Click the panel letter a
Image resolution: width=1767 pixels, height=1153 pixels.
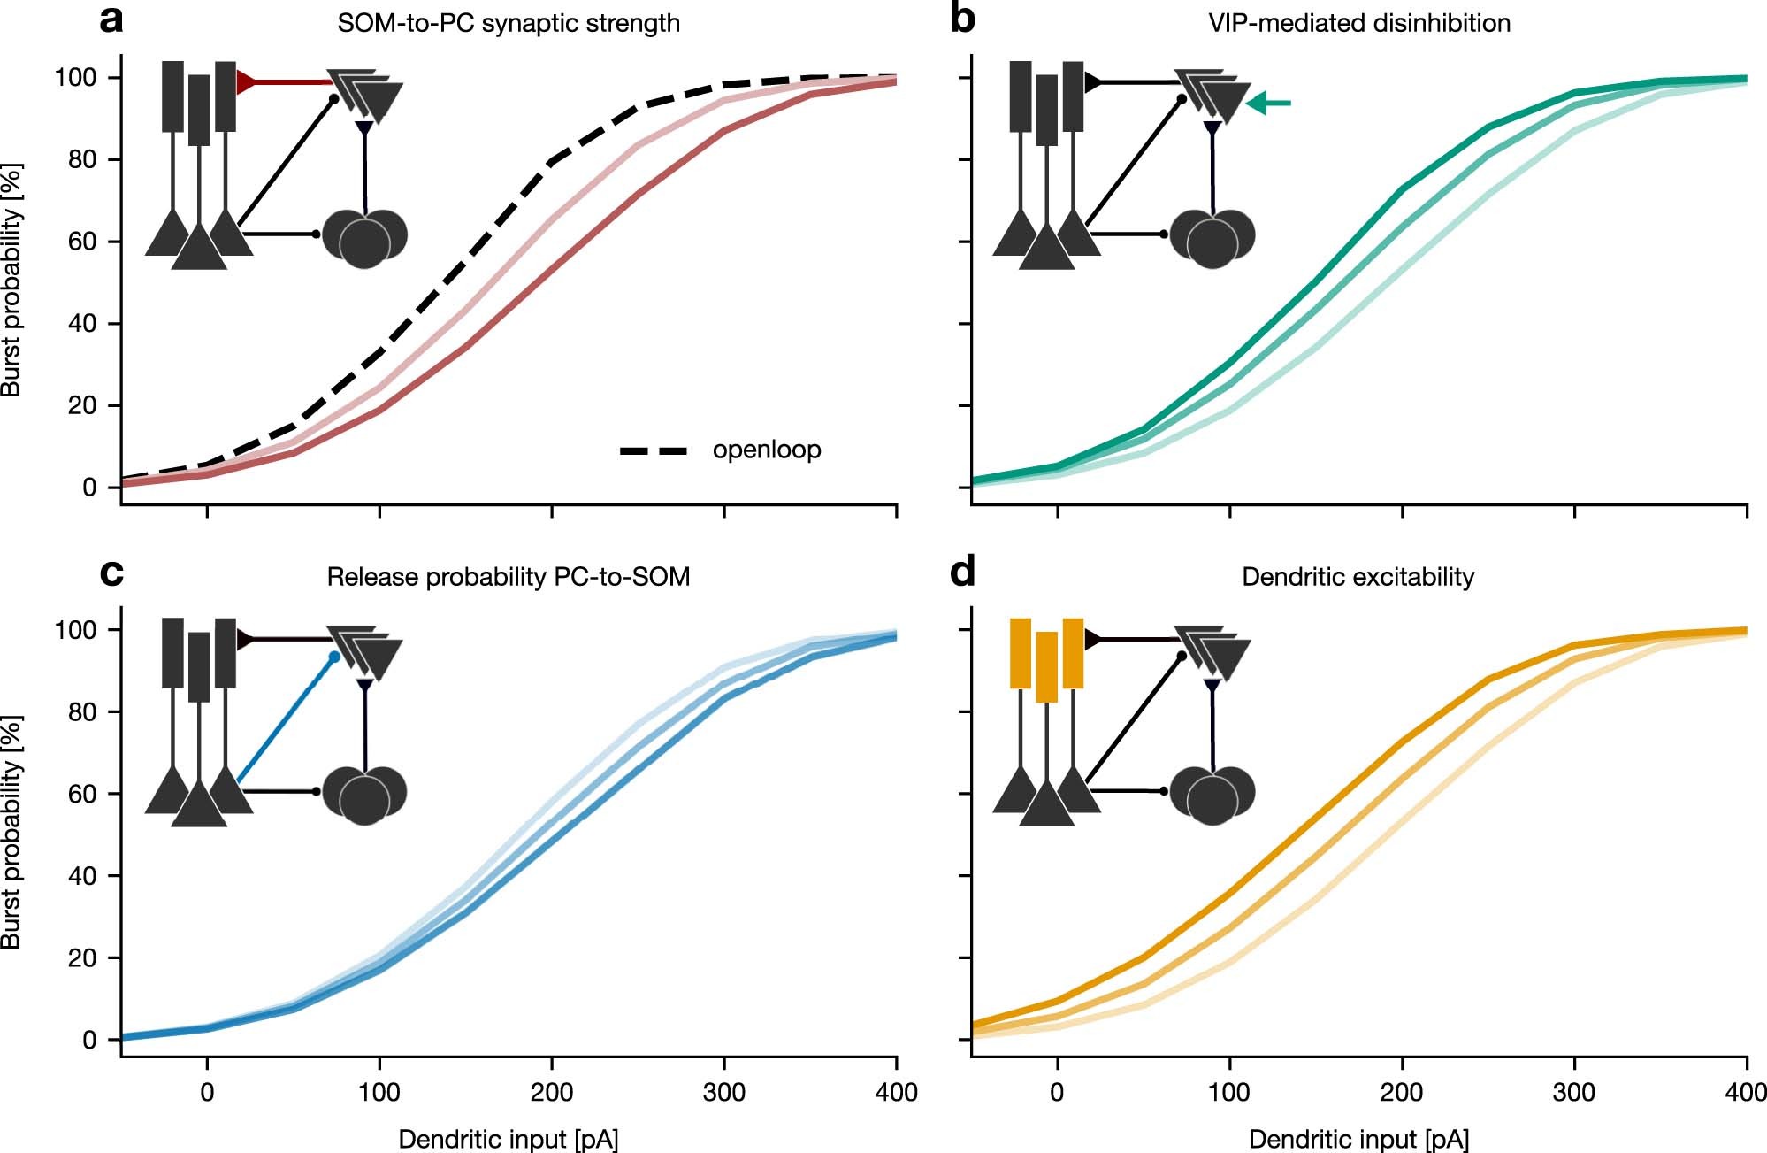click(x=111, y=19)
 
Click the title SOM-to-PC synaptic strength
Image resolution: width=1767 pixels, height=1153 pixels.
click(x=509, y=23)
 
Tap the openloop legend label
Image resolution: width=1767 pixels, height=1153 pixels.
click(x=767, y=450)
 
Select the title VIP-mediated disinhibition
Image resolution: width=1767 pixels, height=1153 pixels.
click(x=1359, y=23)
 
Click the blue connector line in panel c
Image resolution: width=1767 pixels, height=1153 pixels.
click(x=283, y=721)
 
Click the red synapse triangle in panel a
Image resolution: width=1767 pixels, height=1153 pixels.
click(x=246, y=83)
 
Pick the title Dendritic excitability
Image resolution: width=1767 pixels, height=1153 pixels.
click(x=1358, y=577)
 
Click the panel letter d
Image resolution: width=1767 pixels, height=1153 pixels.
click(x=962, y=573)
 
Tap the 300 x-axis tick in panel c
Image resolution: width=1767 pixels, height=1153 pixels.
click(x=724, y=1092)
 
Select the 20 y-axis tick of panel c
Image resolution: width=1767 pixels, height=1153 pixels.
click(x=82, y=958)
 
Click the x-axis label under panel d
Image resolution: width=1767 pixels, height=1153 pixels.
click(x=1358, y=1139)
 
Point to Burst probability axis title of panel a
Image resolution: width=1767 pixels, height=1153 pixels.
click(x=11, y=280)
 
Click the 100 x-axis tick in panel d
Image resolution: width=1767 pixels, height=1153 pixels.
click(x=1229, y=1092)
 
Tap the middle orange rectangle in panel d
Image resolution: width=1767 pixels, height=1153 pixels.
click(x=1046, y=667)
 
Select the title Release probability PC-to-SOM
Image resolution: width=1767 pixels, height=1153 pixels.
click(x=509, y=577)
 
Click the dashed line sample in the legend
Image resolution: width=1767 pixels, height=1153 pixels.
click(x=654, y=451)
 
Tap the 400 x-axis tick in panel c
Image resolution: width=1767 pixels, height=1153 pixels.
click(x=896, y=1092)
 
